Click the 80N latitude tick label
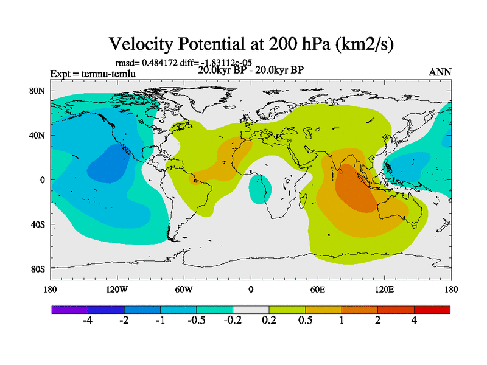(37, 91)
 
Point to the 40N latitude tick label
(37, 135)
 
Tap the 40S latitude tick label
(37, 224)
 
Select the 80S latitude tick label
(37, 269)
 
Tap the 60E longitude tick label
(317, 289)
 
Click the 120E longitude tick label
(384, 289)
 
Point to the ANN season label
(440, 72)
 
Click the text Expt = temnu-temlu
(93, 74)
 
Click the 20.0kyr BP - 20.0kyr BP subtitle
(251, 69)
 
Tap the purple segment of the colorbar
(69, 310)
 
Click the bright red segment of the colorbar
(432, 310)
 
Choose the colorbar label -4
(87, 321)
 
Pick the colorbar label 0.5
(305, 321)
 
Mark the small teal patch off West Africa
(261, 189)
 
